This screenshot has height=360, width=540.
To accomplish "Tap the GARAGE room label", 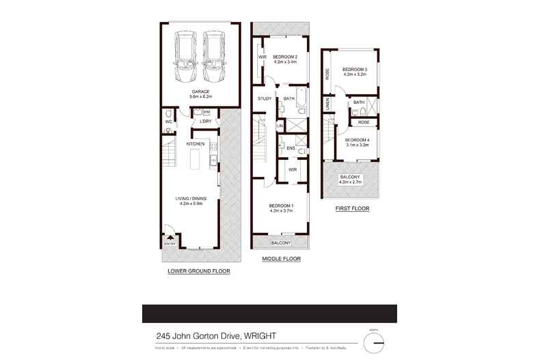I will [x=200, y=92].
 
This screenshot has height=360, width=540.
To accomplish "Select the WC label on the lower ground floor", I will [x=168, y=123].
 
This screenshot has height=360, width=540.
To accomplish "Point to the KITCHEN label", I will [x=196, y=144].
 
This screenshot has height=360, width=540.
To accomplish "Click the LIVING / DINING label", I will [x=193, y=198].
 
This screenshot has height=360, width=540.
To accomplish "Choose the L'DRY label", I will [x=204, y=122].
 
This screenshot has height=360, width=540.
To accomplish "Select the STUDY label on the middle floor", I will [x=265, y=99].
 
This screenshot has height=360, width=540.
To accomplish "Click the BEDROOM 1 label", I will [x=281, y=206].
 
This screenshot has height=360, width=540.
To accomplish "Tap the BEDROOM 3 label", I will [x=355, y=69].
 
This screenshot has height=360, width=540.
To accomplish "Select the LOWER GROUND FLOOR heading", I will [x=199, y=271].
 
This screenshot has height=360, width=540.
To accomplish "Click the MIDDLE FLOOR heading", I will [x=282, y=260].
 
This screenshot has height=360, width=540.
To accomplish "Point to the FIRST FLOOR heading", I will [x=352, y=208].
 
